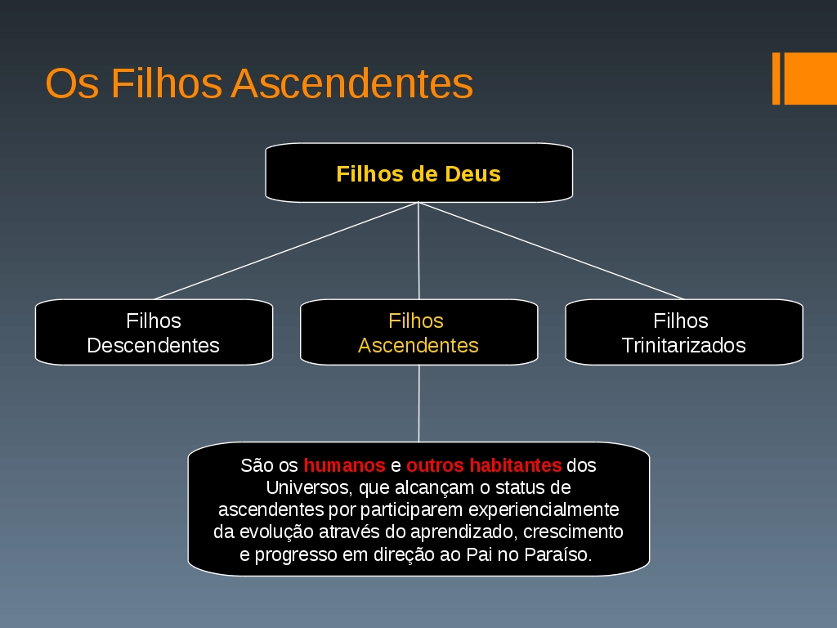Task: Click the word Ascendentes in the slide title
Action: point(352,83)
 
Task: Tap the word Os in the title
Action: point(72,83)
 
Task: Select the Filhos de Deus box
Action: point(419,173)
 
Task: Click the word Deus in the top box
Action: point(473,174)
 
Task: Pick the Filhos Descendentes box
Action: point(154,332)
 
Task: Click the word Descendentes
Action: point(153,346)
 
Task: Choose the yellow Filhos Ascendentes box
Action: point(419,332)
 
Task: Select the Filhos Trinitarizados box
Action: point(684,332)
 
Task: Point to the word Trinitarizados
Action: point(684,346)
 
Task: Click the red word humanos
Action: point(344,465)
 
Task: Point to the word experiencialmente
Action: point(544,510)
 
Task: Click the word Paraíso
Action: point(557,554)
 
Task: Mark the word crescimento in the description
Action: point(573,532)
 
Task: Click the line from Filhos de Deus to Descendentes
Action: point(287,251)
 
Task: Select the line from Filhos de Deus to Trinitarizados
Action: point(552,251)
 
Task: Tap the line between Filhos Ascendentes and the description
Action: point(419,404)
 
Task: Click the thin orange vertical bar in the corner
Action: point(777,78)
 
